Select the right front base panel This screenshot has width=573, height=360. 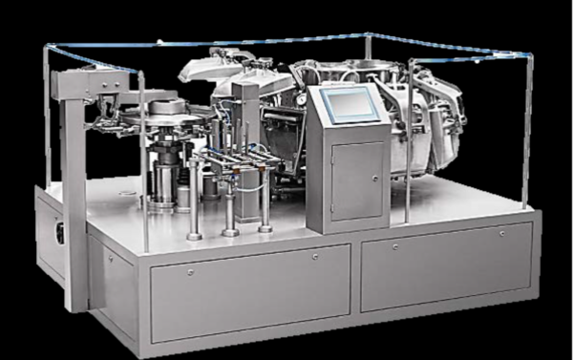tap(445, 271)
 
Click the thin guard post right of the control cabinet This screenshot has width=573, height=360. tap(409, 143)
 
